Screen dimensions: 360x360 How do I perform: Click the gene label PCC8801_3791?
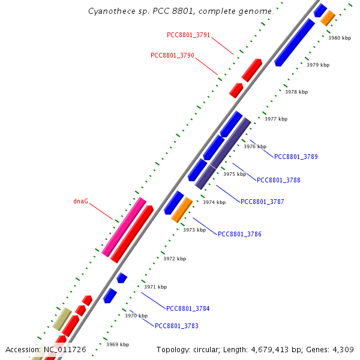click(188, 35)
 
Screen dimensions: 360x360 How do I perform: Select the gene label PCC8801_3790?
click(172, 55)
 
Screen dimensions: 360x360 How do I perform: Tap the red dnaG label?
click(80, 202)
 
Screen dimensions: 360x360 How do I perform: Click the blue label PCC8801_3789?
click(296, 157)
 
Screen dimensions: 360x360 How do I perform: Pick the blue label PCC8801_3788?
click(278, 180)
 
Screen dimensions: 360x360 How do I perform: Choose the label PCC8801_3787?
click(262, 202)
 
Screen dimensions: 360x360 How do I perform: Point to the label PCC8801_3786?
click(239, 234)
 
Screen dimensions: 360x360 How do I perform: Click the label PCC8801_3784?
click(188, 308)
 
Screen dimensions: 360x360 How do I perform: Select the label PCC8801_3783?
click(176, 326)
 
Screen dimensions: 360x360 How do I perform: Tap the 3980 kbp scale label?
click(339, 38)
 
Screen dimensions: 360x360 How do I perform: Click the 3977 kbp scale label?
click(276, 119)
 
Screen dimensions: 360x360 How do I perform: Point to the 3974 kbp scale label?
click(214, 202)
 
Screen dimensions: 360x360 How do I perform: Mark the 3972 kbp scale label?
click(175, 259)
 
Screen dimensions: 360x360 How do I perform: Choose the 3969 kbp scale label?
click(118, 344)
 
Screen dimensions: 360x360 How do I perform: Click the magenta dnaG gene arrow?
click(124, 227)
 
